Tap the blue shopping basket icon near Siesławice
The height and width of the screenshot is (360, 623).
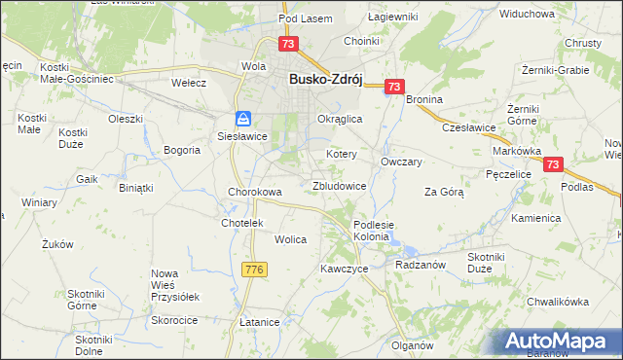coord(243,119)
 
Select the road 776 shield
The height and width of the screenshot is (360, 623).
coord(254,269)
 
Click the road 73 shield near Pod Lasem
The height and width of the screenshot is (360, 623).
coord(287,44)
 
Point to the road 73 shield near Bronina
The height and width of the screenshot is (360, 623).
coord(393,87)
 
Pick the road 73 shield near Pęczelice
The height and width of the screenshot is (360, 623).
coord(553,166)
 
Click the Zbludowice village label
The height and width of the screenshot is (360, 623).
coord(339,185)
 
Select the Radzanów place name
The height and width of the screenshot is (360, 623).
coord(420,264)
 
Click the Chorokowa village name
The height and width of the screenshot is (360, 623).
coord(255,192)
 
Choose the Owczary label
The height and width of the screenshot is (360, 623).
coord(401,162)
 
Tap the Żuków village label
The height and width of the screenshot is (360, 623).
coord(58,245)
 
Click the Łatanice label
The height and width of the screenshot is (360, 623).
coord(259,322)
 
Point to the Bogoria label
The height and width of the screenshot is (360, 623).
coord(182,150)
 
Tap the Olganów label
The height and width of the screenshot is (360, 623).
coord(412,345)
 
